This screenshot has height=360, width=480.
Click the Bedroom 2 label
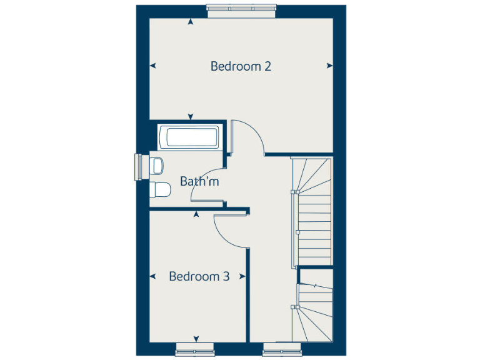(x=241, y=66)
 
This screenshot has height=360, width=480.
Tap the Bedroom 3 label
(x=199, y=276)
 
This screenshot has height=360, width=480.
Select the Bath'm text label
(x=199, y=182)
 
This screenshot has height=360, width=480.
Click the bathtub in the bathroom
(x=189, y=137)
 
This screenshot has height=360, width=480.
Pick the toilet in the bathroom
(x=161, y=189)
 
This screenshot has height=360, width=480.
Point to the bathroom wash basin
(x=157, y=166)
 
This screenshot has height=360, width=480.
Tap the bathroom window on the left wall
(x=138, y=167)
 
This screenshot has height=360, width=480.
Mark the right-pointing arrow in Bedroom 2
(x=329, y=66)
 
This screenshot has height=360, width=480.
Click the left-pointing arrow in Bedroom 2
(x=153, y=66)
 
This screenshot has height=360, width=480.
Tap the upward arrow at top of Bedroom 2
(x=191, y=22)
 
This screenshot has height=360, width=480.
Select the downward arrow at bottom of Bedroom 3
(x=196, y=339)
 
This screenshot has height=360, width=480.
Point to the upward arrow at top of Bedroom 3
(x=196, y=215)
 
